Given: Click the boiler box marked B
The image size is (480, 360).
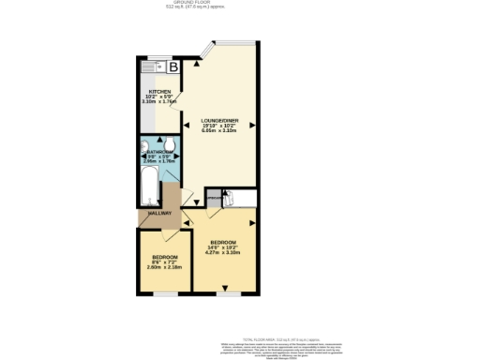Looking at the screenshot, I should coord(173,67).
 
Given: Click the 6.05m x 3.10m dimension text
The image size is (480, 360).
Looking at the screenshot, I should coord(219,133).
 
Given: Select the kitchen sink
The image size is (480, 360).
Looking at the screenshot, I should coord(153,67).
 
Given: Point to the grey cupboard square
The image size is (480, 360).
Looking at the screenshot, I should coord(214,199).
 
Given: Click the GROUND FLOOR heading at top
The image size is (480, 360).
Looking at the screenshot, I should coord(239,3).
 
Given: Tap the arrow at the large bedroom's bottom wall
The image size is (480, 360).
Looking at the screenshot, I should coord(224,288).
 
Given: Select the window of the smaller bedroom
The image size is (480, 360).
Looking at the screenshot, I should coord(166,293).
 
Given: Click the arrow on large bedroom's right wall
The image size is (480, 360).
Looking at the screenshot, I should coord(252,224).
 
